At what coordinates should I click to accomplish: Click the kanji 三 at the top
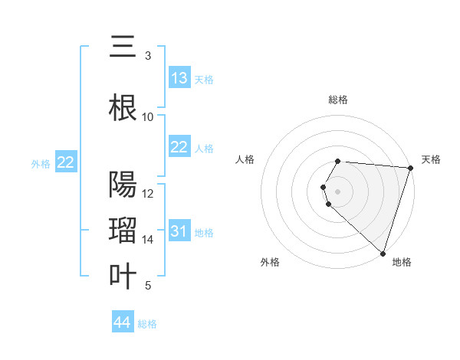click(123, 48)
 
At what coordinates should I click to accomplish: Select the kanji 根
click(123, 108)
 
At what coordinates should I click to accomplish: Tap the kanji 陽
click(123, 185)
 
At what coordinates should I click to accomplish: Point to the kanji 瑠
click(123, 231)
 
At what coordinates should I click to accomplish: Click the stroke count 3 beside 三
click(147, 56)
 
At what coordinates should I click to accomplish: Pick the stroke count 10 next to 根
click(148, 116)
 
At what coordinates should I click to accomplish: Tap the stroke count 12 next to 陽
click(148, 193)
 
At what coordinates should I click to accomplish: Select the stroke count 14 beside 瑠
click(148, 240)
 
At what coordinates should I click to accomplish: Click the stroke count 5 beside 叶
click(147, 286)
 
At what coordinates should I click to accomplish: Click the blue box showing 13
click(179, 78)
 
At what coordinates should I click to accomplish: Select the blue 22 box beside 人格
click(179, 147)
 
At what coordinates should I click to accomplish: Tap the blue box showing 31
click(179, 231)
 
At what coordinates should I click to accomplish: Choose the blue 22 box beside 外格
click(66, 162)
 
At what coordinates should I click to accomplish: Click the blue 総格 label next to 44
click(147, 324)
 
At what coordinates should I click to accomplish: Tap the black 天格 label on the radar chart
click(431, 159)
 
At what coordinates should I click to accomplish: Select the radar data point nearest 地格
click(383, 253)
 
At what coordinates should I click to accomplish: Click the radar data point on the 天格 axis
click(410, 168)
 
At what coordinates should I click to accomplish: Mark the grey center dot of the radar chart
click(337, 191)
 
